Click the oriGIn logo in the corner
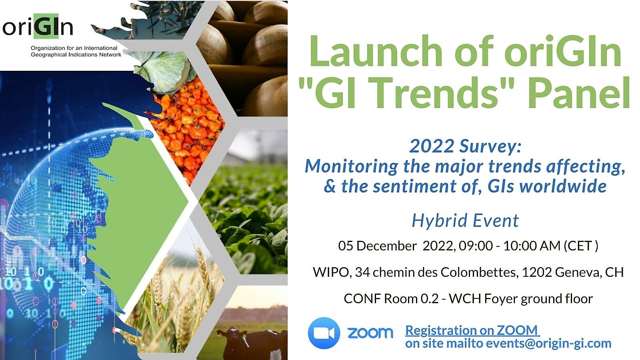click(x=38, y=26)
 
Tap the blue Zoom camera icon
click(x=324, y=333)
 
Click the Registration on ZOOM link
click(x=472, y=330)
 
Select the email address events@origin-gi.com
click(x=548, y=343)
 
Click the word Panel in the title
click(x=579, y=93)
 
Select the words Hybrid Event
click(x=465, y=220)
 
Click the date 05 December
click(x=377, y=246)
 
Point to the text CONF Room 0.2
click(x=391, y=299)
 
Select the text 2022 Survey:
click(x=466, y=146)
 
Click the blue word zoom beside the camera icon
click(x=370, y=333)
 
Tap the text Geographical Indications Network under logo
click(x=76, y=54)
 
